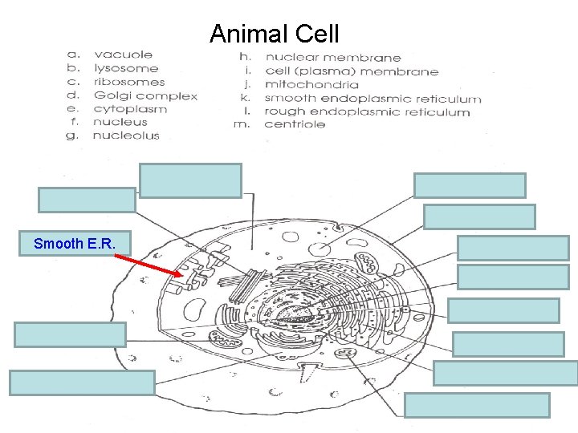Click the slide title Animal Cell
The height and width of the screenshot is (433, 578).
[x=275, y=34]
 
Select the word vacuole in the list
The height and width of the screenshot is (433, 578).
[x=123, y=55]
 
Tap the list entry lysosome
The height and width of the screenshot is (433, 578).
[x=127, y=68]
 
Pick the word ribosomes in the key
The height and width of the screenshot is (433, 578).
[x=129, y=82]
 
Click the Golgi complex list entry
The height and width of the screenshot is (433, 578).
[x=145, y=95]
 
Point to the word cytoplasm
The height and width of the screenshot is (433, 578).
[x=130, y=109]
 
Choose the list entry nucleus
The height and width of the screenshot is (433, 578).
[x=120, y=122]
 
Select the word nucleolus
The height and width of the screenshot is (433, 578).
[x=126, y=136]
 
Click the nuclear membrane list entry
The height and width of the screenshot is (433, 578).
[x=333, y=58]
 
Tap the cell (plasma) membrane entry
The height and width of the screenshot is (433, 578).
[x=352, y=71]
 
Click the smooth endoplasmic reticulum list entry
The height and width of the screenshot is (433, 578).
[x=373, y=99]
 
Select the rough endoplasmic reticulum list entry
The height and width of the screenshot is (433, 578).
[x=367, y=112]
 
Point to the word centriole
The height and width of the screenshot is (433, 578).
[x=295, y=124]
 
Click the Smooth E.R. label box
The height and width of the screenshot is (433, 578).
[x=70, y=243]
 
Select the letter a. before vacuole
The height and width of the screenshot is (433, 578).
[x=73, y=55]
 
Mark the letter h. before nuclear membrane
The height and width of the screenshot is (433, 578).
[x=245, y=58]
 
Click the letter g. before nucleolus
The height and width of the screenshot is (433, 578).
[x=72, y=136]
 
